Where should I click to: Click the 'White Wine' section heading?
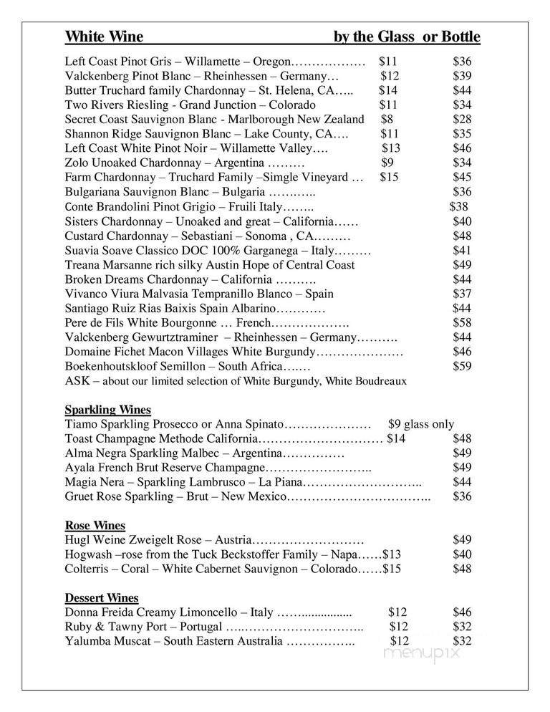104,37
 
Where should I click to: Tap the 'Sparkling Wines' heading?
108,410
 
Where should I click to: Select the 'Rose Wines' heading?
95,526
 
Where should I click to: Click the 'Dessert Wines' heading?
102,598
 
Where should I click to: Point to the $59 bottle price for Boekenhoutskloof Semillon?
462,366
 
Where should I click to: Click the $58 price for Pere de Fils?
462,323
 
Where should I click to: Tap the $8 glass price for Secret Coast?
387,119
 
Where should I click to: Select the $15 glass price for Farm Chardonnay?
389,177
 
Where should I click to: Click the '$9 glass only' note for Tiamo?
420,424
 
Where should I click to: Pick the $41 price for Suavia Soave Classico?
462,251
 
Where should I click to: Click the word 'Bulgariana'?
93,192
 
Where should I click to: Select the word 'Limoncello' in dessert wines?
205,612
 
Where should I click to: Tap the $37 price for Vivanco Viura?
462,294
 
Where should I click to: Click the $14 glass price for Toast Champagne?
396,438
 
